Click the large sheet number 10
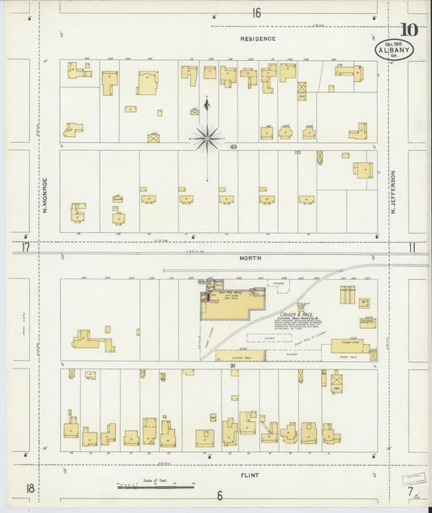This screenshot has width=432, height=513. coord(409,31)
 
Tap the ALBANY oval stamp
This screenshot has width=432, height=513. coord(395,50)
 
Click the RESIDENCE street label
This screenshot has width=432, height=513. coord(257,38)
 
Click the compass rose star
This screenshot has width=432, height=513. coord(207,139)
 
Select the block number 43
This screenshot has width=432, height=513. coord(233,147)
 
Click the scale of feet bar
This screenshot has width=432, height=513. coord(156,487)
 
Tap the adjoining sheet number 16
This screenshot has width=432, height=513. coord(256,12)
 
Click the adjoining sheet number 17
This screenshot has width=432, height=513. coord(25,248)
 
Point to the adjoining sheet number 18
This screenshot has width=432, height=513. coord(29,487)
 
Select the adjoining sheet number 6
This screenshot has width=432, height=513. coord(219,495)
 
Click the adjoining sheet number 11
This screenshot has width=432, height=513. coord(412,248)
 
